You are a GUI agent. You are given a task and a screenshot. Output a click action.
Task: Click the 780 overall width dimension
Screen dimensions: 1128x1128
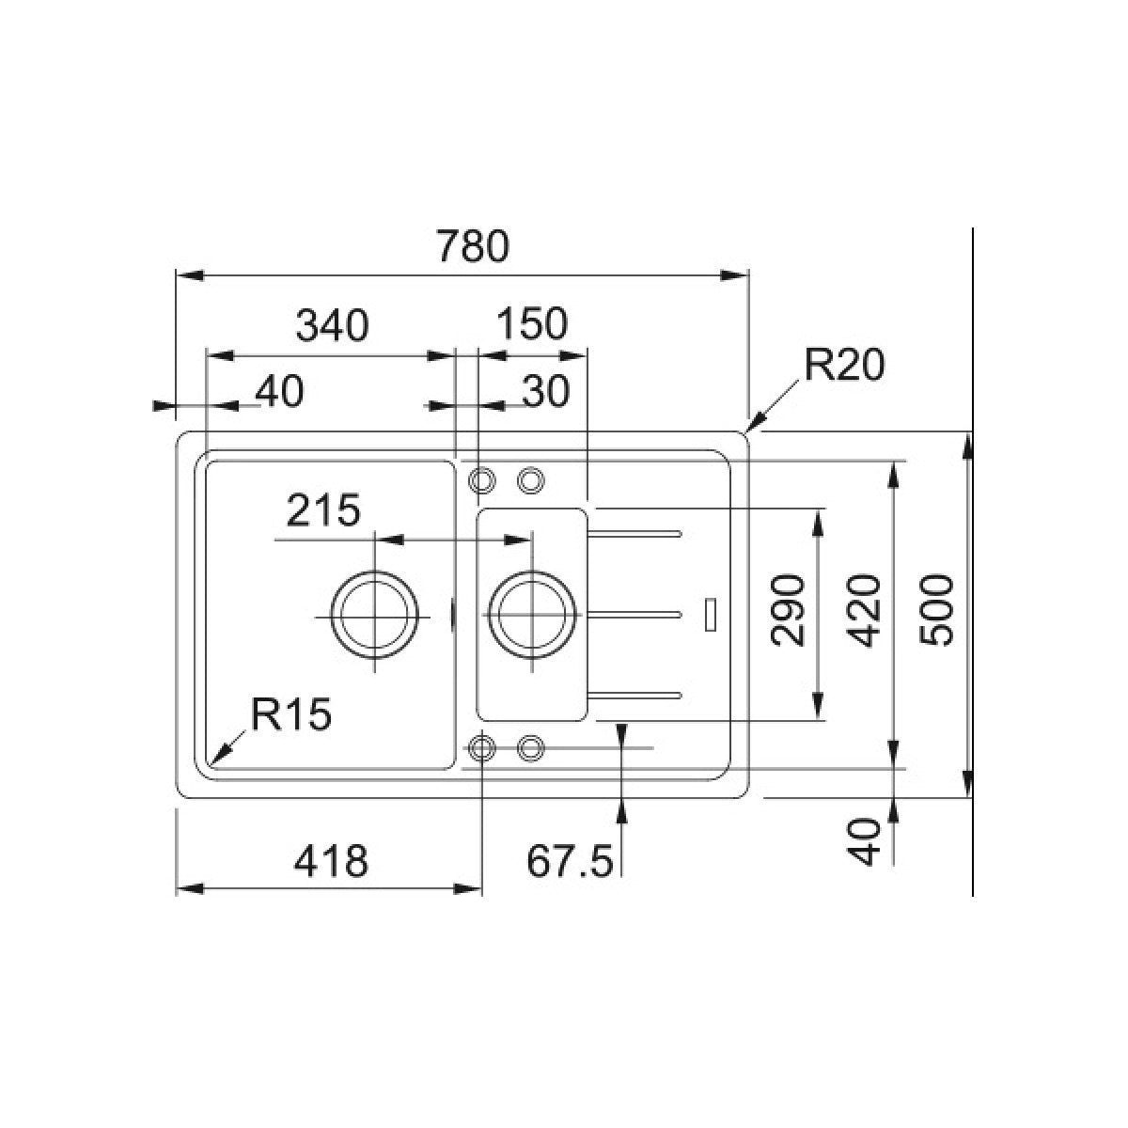(473, 246)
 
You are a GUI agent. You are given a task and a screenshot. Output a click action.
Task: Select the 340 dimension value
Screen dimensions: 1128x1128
(332, 325)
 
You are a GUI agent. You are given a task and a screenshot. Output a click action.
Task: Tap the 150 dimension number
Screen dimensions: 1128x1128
(532, 323)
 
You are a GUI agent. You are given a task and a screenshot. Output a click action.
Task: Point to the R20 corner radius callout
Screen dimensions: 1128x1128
(843, 366)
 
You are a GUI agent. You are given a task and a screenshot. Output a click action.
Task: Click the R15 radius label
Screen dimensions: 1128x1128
(291, 713)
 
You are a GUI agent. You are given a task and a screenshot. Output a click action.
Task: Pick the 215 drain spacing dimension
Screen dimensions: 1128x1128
(323, 509)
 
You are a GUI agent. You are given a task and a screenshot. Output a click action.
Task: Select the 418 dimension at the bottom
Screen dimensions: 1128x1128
(331, 860)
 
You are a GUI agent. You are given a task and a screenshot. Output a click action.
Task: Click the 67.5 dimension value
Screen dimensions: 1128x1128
(569, 860)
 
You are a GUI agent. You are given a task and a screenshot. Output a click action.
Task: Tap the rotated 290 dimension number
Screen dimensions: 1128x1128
(788, 611)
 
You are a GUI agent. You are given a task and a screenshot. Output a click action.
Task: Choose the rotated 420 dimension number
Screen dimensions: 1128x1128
(865, 611)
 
